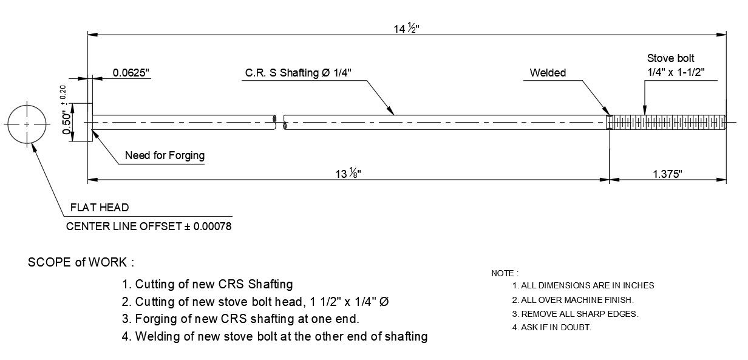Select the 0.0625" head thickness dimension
click(x=131, y=73)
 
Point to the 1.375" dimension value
click(x=667, y=174)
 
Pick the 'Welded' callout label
click(x=548, y=73)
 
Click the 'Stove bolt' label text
click(x=670, y=59)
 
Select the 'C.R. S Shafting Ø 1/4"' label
click(x=298, y=73)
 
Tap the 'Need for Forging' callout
click(x=165, y=155)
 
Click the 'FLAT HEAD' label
click(x=100, y=208)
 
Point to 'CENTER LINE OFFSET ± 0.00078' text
click(x=148, y=226)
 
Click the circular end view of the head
click(x=27, y=124)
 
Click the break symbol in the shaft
click(x=279, y=123)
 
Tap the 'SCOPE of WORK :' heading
click(x=81, y=263)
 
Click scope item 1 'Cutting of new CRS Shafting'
click(x=208, y=284)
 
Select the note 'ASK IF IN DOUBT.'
click(x=552, y=328)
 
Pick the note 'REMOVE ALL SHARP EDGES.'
click(x=576, y=314)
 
